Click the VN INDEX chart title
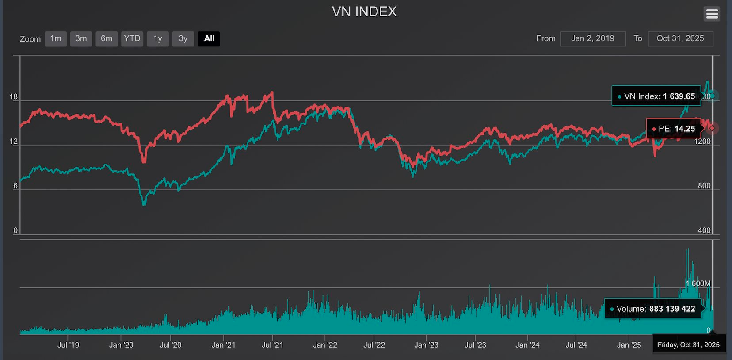(364, 11)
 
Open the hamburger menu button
(712, 14)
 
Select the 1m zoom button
(56, 38)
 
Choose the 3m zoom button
(81, 38)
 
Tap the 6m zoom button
(107, 38)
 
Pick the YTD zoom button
(132, 38)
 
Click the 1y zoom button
(158, 38)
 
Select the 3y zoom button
(183, 38)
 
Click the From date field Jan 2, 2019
(593, 38)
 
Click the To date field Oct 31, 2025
(680, 38)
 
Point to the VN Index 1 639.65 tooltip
(656, 96)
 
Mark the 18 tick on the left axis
(14, 97)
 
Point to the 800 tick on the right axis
(704, 186)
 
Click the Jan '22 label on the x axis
(325, 345)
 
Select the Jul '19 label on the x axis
(68, 345)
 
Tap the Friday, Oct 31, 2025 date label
(688, 345)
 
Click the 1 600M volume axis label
(698, 283)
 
